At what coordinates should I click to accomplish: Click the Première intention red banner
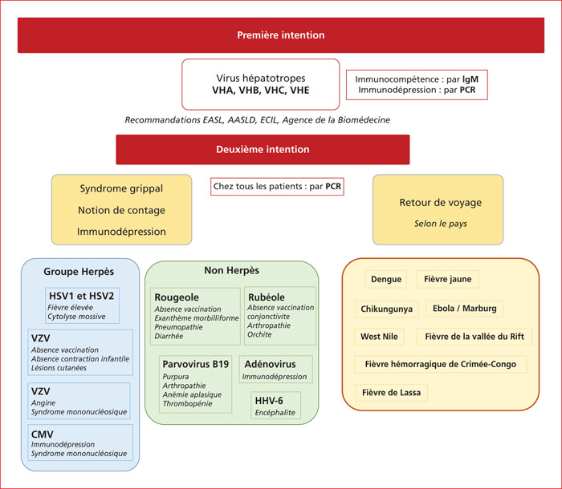(x=281, y=35)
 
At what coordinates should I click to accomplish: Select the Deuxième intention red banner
(x=263, y=150)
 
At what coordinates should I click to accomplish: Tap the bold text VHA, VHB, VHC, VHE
(x=261, y=91)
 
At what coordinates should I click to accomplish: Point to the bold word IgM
(x=470, y=79)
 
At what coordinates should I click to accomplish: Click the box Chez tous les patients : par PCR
(x=277, y=187)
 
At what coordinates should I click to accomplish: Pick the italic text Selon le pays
(x=441, y=224)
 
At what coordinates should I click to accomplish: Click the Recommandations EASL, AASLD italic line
(x=258, y=120)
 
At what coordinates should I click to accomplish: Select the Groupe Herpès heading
(x=79, y=272)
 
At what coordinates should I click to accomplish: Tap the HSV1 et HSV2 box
(x=83, y=305)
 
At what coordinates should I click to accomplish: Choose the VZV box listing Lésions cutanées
(x=80, y=352)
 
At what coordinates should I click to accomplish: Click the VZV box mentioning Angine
(x=79, y=401)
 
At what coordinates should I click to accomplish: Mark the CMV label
(x=43, y=434)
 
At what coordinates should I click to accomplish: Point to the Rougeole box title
(x=177, y=297)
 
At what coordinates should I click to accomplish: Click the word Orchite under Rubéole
(x=259, y=334)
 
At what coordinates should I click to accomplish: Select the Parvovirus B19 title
(x=196, y=364)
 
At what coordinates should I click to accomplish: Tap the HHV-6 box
(x=275, y=406)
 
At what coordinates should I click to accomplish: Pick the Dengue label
(x=386, y=279)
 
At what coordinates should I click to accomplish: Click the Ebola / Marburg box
(x=465, y=308)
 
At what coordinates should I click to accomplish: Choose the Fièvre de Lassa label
(x=392, y=393)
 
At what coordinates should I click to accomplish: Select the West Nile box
(x=379, y=337)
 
